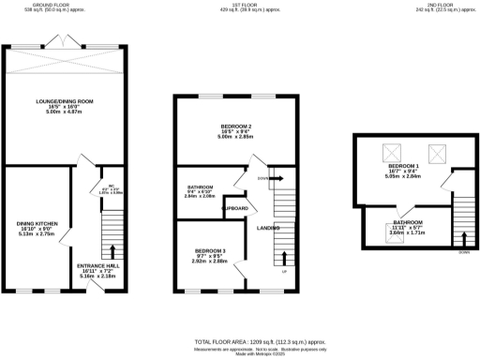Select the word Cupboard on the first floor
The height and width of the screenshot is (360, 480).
(236, 207)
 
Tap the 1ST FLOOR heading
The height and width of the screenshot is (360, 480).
(237, 6)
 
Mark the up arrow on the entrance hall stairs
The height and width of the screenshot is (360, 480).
(112, 250)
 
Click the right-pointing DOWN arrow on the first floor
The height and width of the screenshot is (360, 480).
(277, 177)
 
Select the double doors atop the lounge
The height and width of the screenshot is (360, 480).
(62, 44)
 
